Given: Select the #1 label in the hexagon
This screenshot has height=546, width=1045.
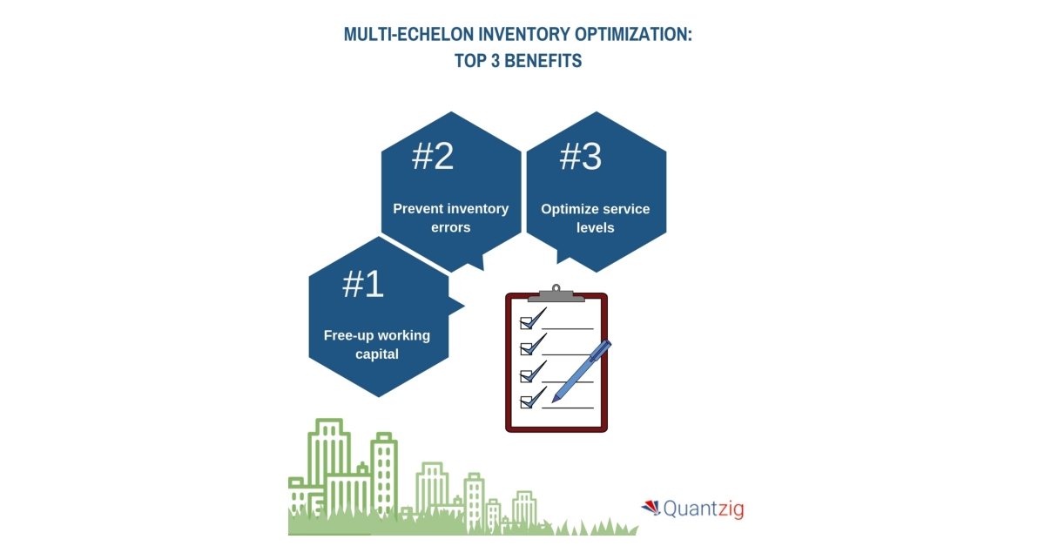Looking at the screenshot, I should (363, 285).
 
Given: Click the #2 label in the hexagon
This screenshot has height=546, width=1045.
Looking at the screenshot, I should (433, 157).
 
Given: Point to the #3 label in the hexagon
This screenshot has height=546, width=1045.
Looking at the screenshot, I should (580, 157).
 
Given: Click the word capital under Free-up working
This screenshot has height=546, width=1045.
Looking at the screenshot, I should (377, 354).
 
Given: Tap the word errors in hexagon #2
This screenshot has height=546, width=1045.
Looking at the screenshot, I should (450, 227).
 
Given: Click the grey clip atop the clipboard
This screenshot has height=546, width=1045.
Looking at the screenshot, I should (556, 295).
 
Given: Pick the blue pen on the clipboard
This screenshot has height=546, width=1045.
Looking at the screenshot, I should (581, 369).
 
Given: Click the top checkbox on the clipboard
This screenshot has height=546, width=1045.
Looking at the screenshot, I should (526, 323).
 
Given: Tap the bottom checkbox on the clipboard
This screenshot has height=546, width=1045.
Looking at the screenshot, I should (526, 401).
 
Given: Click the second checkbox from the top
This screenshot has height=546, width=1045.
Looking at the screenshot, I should (526, 349).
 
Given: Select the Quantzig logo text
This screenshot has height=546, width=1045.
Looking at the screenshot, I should (704, 509).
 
